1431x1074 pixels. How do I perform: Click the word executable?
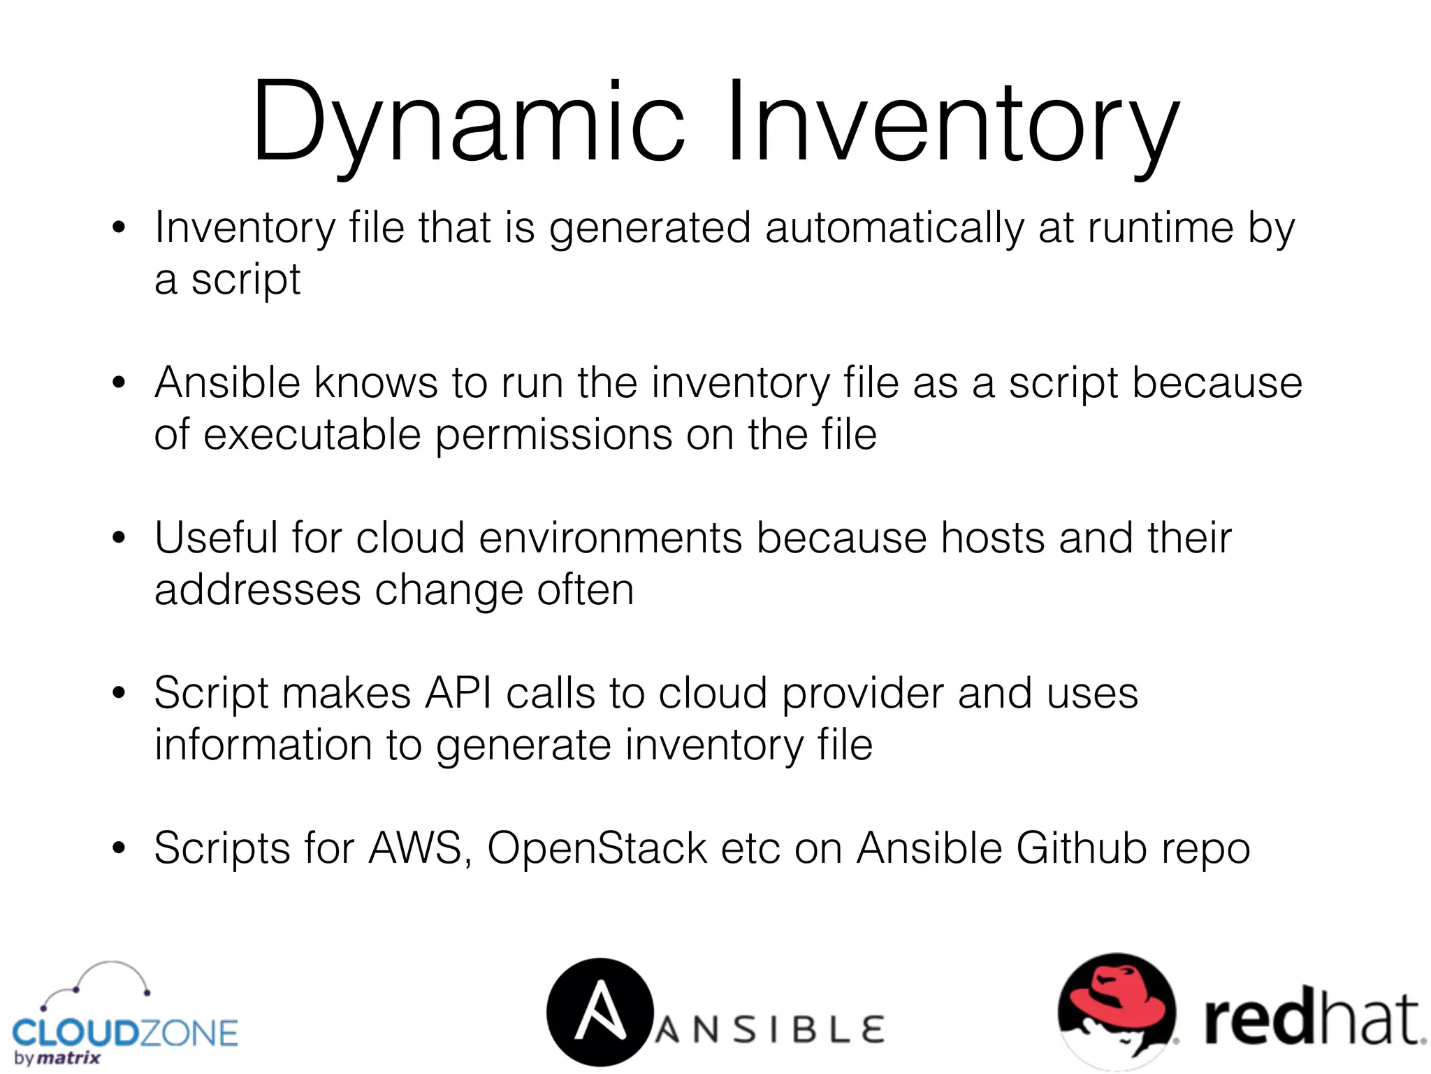(312, 435)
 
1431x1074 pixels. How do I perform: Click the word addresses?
(257, 590)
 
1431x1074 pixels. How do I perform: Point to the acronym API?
(458, 694)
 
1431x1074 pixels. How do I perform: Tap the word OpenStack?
(597, 849)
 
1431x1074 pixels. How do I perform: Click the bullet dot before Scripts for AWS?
(119, 848)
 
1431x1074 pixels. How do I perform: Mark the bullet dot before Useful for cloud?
(119, 538)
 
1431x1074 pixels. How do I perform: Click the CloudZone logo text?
(126, 1033)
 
